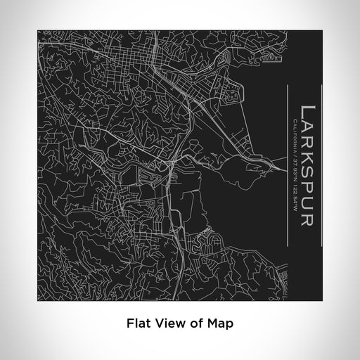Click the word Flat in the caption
(136, 324)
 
